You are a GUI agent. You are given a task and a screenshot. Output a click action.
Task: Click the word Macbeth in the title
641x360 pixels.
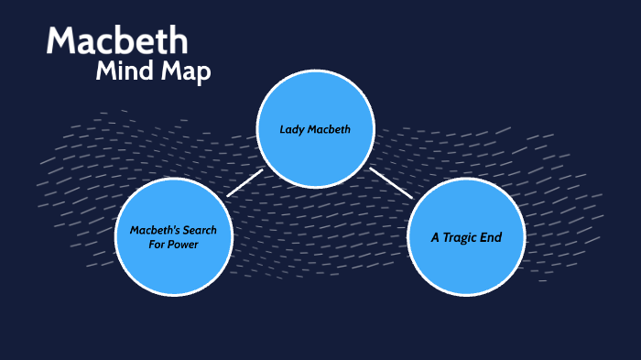coord(117,41)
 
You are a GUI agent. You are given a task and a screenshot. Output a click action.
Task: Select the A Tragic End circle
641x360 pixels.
coord(466,236)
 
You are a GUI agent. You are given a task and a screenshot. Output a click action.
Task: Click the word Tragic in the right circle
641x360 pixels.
coord(471,237)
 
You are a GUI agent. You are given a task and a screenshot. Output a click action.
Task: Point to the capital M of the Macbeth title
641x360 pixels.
coord(61,41)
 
